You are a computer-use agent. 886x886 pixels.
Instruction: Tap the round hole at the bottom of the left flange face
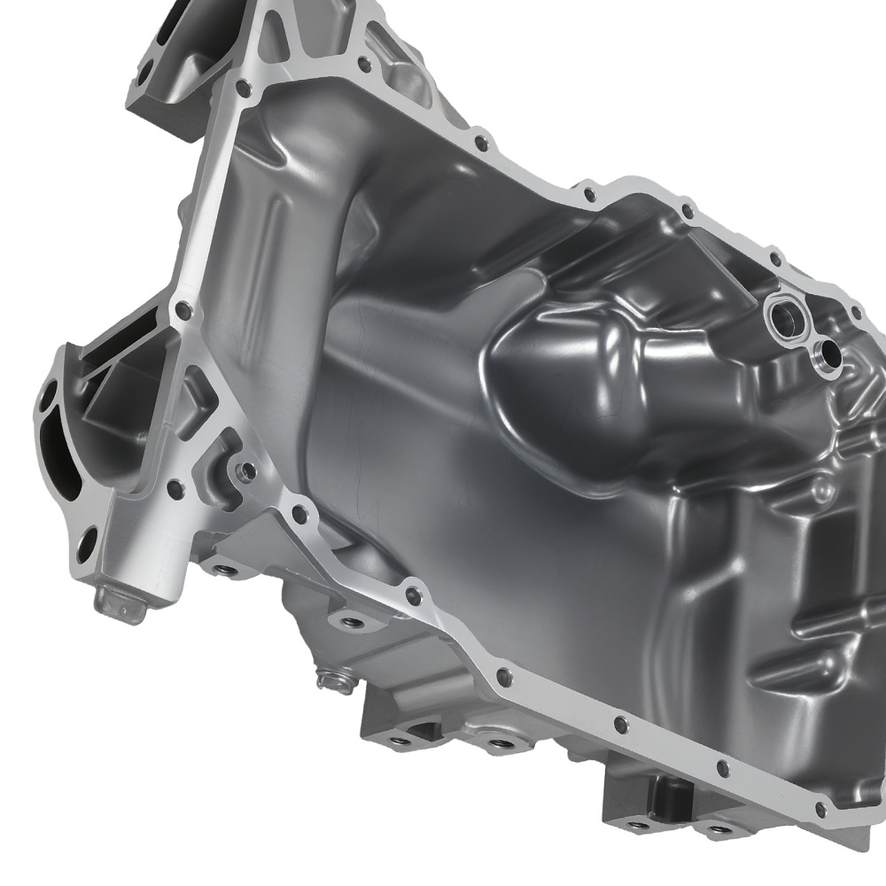click(86, 542)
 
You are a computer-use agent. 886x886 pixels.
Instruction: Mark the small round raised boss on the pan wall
click(821, 486)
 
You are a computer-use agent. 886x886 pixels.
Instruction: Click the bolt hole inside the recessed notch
click(247, 470)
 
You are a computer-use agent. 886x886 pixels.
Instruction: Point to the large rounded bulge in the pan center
click(567, 372)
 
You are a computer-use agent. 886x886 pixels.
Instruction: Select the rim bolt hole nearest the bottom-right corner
click(820, 810)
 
